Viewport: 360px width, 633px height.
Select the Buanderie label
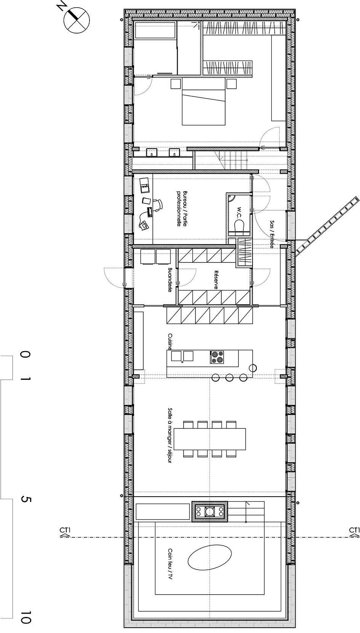pos(170,280)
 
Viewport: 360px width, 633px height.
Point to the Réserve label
pos(216,280)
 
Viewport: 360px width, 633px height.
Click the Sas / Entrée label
pos(272,234)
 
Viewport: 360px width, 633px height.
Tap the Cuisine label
pos(170,342)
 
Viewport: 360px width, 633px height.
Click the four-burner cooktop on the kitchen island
pos(217,357)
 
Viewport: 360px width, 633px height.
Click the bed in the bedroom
pos(204,101)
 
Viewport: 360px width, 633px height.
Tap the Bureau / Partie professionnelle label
pos(182,208)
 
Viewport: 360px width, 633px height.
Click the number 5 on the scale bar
pos(26,499)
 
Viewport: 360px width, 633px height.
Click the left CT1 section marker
pos(65,532)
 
